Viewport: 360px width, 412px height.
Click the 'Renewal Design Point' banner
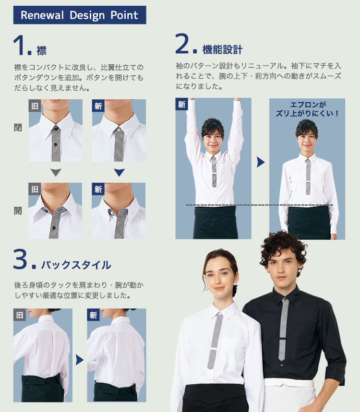pos(80,15)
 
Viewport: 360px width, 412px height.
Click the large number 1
pos(20,46)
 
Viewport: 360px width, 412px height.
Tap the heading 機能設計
pos(222,49)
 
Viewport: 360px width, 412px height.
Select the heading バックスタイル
pos(76,265)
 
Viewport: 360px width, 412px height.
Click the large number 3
pos(20,259)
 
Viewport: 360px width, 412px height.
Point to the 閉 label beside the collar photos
pos(18,128)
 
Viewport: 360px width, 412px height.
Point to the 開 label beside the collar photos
pos(18,211)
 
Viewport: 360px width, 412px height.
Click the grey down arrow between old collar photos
pos(56,172)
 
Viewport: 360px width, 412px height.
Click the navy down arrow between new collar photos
pos(120,172)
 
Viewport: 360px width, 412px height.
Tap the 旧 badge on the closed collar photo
pos(35,106)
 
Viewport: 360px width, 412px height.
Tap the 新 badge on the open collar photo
pos(98,189)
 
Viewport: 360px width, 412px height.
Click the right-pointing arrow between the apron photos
pos(261,162)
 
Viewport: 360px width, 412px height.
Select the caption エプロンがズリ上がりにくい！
pos(307,109)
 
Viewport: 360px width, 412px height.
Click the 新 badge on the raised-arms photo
pos(181,104)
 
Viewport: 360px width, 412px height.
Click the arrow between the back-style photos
pos(79,360)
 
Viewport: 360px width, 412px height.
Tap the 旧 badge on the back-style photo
pos(20,315)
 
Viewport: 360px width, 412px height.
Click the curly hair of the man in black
pos(283,246)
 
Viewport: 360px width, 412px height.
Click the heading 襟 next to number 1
pos(41,50)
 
